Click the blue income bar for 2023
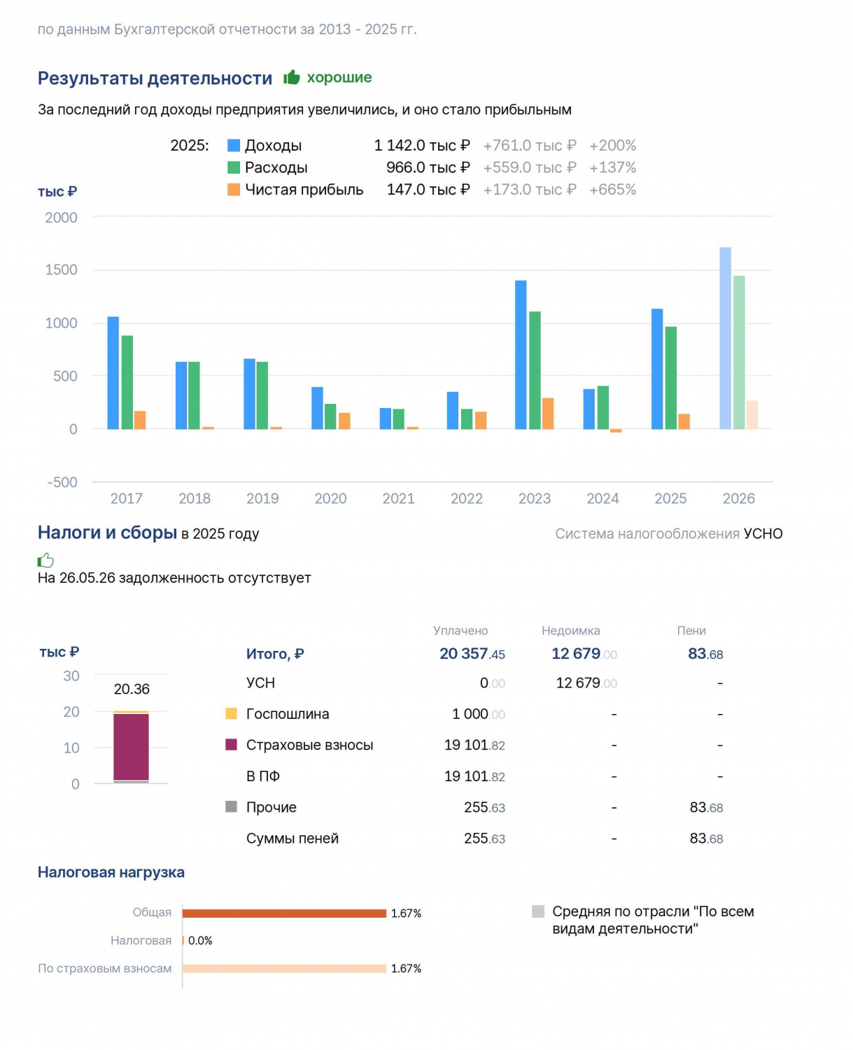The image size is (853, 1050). tap(521, 354)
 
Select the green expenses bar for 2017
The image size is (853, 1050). tap(127, 382)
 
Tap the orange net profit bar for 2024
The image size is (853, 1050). tap(616, 430)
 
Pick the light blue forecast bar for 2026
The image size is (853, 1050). tap(725, 338)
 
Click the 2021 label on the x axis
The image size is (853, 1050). tap(398, 498)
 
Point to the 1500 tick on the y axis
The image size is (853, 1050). tap(61, 269)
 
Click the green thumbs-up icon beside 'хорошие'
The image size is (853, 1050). tap(291, 77)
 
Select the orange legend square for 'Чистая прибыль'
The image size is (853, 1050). tap(234, 189)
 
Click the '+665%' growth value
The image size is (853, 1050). tap(612, 189)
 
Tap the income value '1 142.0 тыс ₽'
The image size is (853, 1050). tap(422, 146)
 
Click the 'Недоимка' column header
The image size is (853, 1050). tap(570, 631)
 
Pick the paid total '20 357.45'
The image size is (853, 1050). tap(472, 654)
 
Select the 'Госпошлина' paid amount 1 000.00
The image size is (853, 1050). tap(479, 714)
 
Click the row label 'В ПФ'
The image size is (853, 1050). tap(262, 776)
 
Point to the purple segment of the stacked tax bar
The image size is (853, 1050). tap(131, 747)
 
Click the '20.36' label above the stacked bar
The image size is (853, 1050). tap(132, 689)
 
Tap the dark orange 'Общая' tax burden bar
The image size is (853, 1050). tap(284, 913)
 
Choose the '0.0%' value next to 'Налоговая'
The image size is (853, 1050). tap(200, 941)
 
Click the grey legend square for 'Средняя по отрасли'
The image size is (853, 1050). tap(538, 911)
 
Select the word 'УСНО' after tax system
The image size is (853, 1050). tap(763, 534)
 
